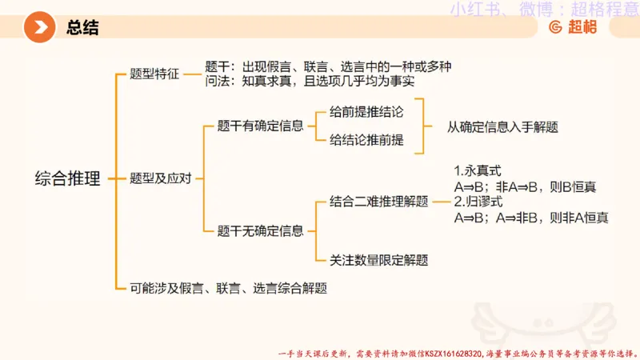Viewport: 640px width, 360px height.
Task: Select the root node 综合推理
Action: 68,178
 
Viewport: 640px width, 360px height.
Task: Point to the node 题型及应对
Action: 161,178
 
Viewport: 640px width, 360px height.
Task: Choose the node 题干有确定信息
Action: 261,126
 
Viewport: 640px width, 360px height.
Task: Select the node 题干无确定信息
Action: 261,231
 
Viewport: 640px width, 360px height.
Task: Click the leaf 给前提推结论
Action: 366,113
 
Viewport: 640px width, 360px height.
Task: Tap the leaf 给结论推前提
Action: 366,140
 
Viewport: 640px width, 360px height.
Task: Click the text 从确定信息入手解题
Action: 502,126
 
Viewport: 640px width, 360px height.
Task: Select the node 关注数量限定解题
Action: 379,260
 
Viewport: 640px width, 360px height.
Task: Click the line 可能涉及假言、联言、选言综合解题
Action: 229,287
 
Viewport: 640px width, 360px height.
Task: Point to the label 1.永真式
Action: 478,171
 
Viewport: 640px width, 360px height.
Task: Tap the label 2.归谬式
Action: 478,201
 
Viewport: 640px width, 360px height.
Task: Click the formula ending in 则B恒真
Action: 525,187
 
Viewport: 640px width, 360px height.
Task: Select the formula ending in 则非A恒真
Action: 531,217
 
